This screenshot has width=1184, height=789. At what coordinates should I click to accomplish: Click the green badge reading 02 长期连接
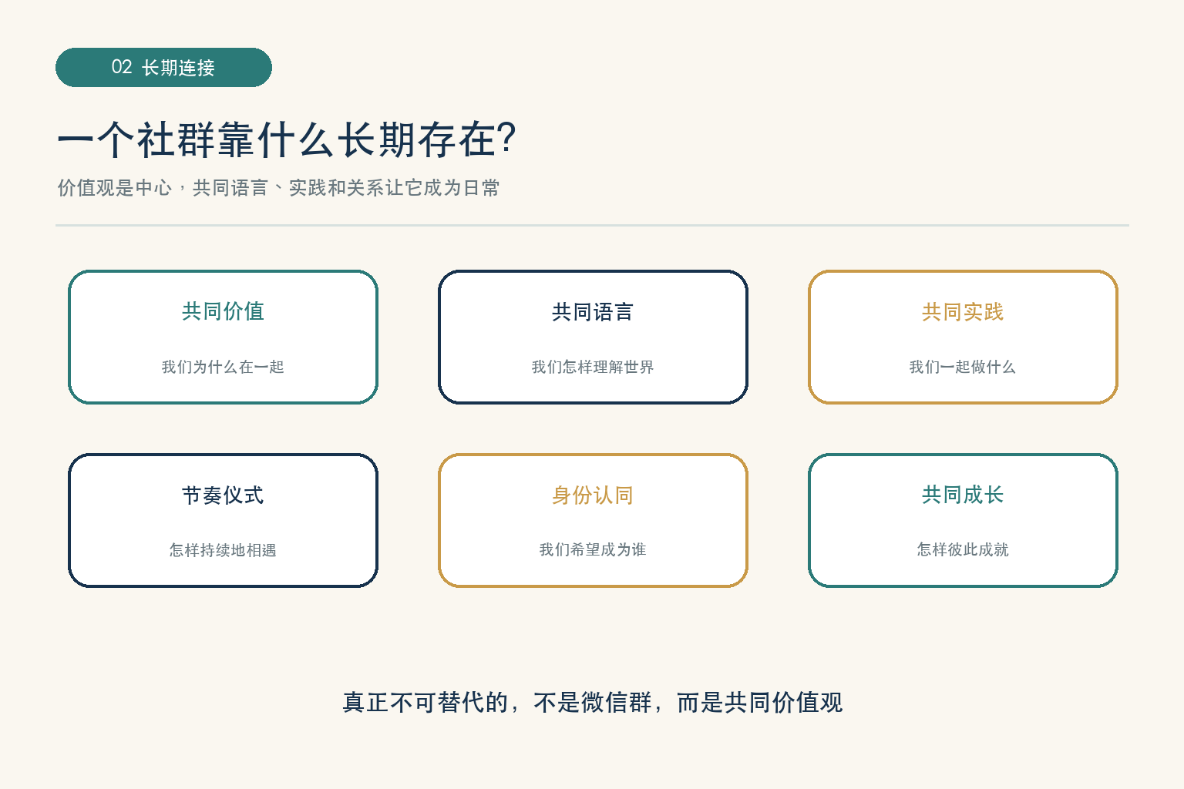click(164, 68)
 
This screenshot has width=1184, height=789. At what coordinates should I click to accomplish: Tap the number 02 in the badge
click(122, 67)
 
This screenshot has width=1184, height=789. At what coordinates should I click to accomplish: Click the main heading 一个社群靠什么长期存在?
click(286, 139)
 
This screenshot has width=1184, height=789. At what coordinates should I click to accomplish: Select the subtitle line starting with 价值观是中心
click(278, 187)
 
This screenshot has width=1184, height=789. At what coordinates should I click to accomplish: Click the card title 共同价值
click(223, 311)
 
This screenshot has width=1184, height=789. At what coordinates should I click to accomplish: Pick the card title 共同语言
click(593, 312)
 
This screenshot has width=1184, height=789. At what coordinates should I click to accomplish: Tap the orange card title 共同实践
click(963, 312)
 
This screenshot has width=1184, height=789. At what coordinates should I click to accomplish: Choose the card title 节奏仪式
click(223, 495)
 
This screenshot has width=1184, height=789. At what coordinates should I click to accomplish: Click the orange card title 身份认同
click(593, 495)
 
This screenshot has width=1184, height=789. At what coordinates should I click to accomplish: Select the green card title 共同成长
click(963, 495)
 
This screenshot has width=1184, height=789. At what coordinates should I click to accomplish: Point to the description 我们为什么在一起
click(223, 367)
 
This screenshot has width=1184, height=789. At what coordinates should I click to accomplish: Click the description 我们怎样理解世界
click(593, 367)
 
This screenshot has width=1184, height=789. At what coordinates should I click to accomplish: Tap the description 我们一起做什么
click(963, 367)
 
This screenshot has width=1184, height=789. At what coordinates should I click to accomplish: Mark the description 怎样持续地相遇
click(223, 550)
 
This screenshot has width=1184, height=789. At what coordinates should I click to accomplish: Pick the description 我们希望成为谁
click(593, 549)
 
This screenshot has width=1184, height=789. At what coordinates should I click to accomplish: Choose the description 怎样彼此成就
click(963, 549)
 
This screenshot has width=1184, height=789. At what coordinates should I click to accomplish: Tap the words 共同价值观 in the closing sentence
click(783, 703)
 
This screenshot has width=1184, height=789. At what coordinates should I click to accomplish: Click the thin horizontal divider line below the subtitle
click(592, 225)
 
